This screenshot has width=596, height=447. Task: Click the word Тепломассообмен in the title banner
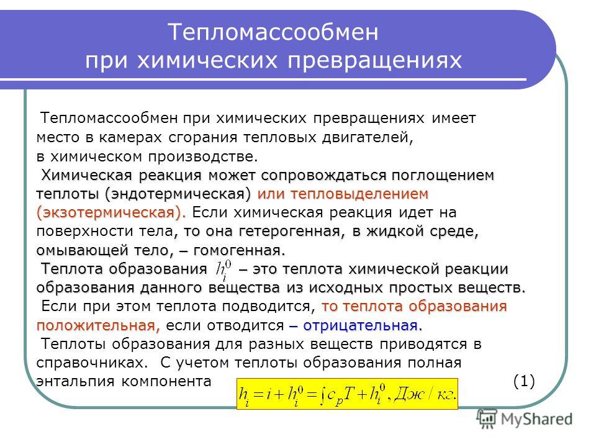(273, 32)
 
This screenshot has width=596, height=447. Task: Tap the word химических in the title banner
(207, 60)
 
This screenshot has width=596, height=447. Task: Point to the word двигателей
(367, 138)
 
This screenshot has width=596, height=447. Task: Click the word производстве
(203, 156)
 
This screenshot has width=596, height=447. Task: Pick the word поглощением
(443, 176)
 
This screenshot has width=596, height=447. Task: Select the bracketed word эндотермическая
(178, 194)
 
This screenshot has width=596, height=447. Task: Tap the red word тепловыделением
(359, 194)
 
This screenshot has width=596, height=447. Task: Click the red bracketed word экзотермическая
(111, 212)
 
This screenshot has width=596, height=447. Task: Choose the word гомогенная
(239, 250)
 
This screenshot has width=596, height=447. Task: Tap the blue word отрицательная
(363, 325)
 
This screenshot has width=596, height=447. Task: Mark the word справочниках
(92, 363)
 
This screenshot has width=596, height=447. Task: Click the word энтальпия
(75, 381)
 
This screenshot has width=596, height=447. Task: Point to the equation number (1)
(524, 381)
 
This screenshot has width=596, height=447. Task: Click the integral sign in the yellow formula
(322, 395)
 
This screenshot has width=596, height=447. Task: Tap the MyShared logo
(525, 419)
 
